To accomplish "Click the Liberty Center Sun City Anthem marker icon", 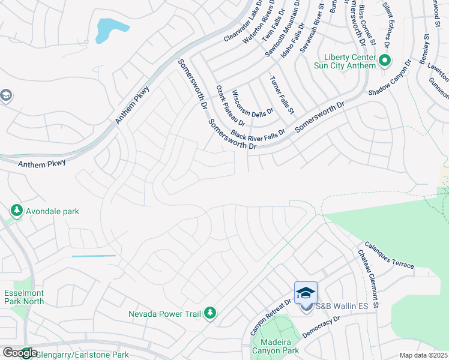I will click(384, 60).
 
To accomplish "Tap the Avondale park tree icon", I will click(16, 211).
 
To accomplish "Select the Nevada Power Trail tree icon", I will click(210, 313).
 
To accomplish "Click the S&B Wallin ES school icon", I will click(306, 293).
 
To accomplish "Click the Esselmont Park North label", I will click(24, 296).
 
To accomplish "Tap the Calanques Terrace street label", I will click(388, 254).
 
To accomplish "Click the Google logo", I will click(19, 353).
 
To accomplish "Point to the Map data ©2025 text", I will click(423, 355).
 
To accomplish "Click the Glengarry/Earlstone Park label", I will click(82, 355).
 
